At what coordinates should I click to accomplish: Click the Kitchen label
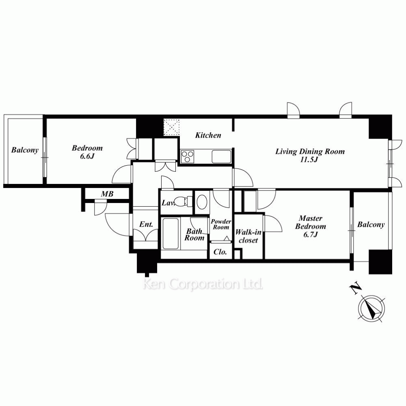208,135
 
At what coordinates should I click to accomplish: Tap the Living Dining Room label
310,151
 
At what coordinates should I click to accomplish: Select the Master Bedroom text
311,222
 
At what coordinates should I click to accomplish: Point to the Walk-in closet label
248,236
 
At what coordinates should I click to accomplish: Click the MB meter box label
107,194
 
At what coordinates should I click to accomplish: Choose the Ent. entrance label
146,224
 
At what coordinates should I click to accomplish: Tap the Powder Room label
221,224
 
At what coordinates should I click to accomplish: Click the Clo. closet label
220,252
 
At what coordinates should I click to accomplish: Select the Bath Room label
194,235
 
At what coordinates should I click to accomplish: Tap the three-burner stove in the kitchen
188,156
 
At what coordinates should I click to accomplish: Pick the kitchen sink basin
221,156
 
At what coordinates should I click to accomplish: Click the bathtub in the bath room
171,233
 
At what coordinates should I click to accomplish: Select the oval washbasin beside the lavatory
202,202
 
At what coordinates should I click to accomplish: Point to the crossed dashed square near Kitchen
171,127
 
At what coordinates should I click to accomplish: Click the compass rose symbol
371,308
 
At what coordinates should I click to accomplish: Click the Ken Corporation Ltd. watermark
203,284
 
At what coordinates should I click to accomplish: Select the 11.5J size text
309,160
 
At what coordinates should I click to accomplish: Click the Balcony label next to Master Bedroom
371,225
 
